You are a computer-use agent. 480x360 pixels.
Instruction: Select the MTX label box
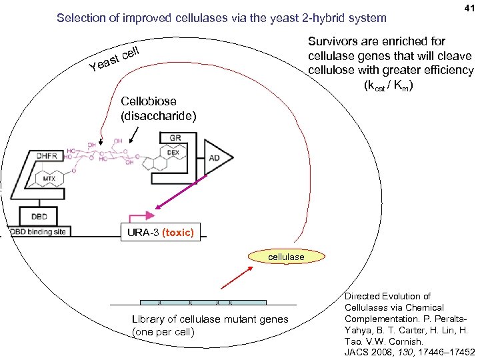click(x=49, y=179)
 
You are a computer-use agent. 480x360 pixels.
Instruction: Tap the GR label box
click(x=175, y=138)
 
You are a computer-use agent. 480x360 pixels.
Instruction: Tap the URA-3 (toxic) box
click(x=158, y=232)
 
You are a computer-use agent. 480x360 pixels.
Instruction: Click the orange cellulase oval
click(x=286, y=257)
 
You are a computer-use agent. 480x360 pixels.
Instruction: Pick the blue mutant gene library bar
click(x=203, y=302)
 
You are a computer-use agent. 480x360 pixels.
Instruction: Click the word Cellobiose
click(x=149, y=101)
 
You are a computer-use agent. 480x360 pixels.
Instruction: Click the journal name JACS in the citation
click(x=359, y=352)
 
